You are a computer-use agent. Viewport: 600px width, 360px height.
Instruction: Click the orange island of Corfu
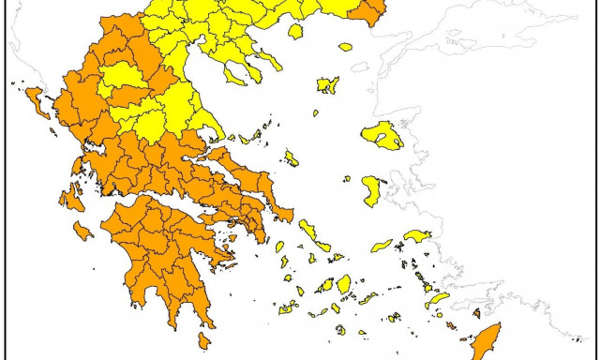point(35,97)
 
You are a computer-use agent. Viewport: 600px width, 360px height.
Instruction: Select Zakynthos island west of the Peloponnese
point(82,230)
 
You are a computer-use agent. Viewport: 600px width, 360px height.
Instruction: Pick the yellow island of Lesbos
point(382,136)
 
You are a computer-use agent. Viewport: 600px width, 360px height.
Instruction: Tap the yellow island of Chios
point(372,192)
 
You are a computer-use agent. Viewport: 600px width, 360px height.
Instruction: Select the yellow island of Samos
point(417,235)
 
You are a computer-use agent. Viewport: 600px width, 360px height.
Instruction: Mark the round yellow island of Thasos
point(295,32)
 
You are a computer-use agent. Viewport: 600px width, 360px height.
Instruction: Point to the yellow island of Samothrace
point(345,47)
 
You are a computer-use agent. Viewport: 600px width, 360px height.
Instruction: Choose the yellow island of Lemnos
point(327,85)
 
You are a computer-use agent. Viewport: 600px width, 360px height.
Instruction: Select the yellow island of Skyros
point(292,159)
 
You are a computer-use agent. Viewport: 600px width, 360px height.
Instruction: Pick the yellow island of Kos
point(437,300)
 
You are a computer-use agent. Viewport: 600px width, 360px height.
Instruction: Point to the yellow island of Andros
point(307,229)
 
